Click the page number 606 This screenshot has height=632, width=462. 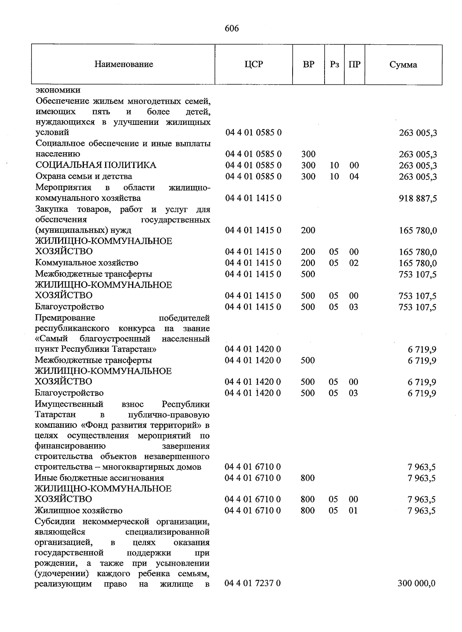click(231, 29)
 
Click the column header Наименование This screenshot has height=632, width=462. click(124, 64)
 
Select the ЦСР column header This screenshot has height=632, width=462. click(254, 64)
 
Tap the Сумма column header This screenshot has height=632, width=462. click(403, 65)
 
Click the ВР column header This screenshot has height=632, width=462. click(308, 64)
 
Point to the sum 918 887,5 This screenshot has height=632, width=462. click(418, 198)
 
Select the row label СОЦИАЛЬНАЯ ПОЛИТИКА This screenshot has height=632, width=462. click(96, 165)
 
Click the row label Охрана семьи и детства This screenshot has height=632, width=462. click(84, 176)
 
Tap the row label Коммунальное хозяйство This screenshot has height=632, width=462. click(87, 263)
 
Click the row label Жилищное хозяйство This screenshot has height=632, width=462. click(79, 511)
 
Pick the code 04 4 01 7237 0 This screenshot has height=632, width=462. click(253, 583)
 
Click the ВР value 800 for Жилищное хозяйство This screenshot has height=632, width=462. click(308, 511)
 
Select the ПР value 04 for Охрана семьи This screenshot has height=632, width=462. click(354, 176)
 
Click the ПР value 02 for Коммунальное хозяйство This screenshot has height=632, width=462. click(354, 263)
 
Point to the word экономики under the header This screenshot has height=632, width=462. click(58, 90)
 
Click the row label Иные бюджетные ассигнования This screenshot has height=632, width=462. click(99, 478)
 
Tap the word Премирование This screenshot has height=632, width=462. click(65, 318)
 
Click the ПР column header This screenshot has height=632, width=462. click(354, 64)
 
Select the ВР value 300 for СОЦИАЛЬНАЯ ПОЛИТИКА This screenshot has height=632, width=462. click(308, 165)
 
